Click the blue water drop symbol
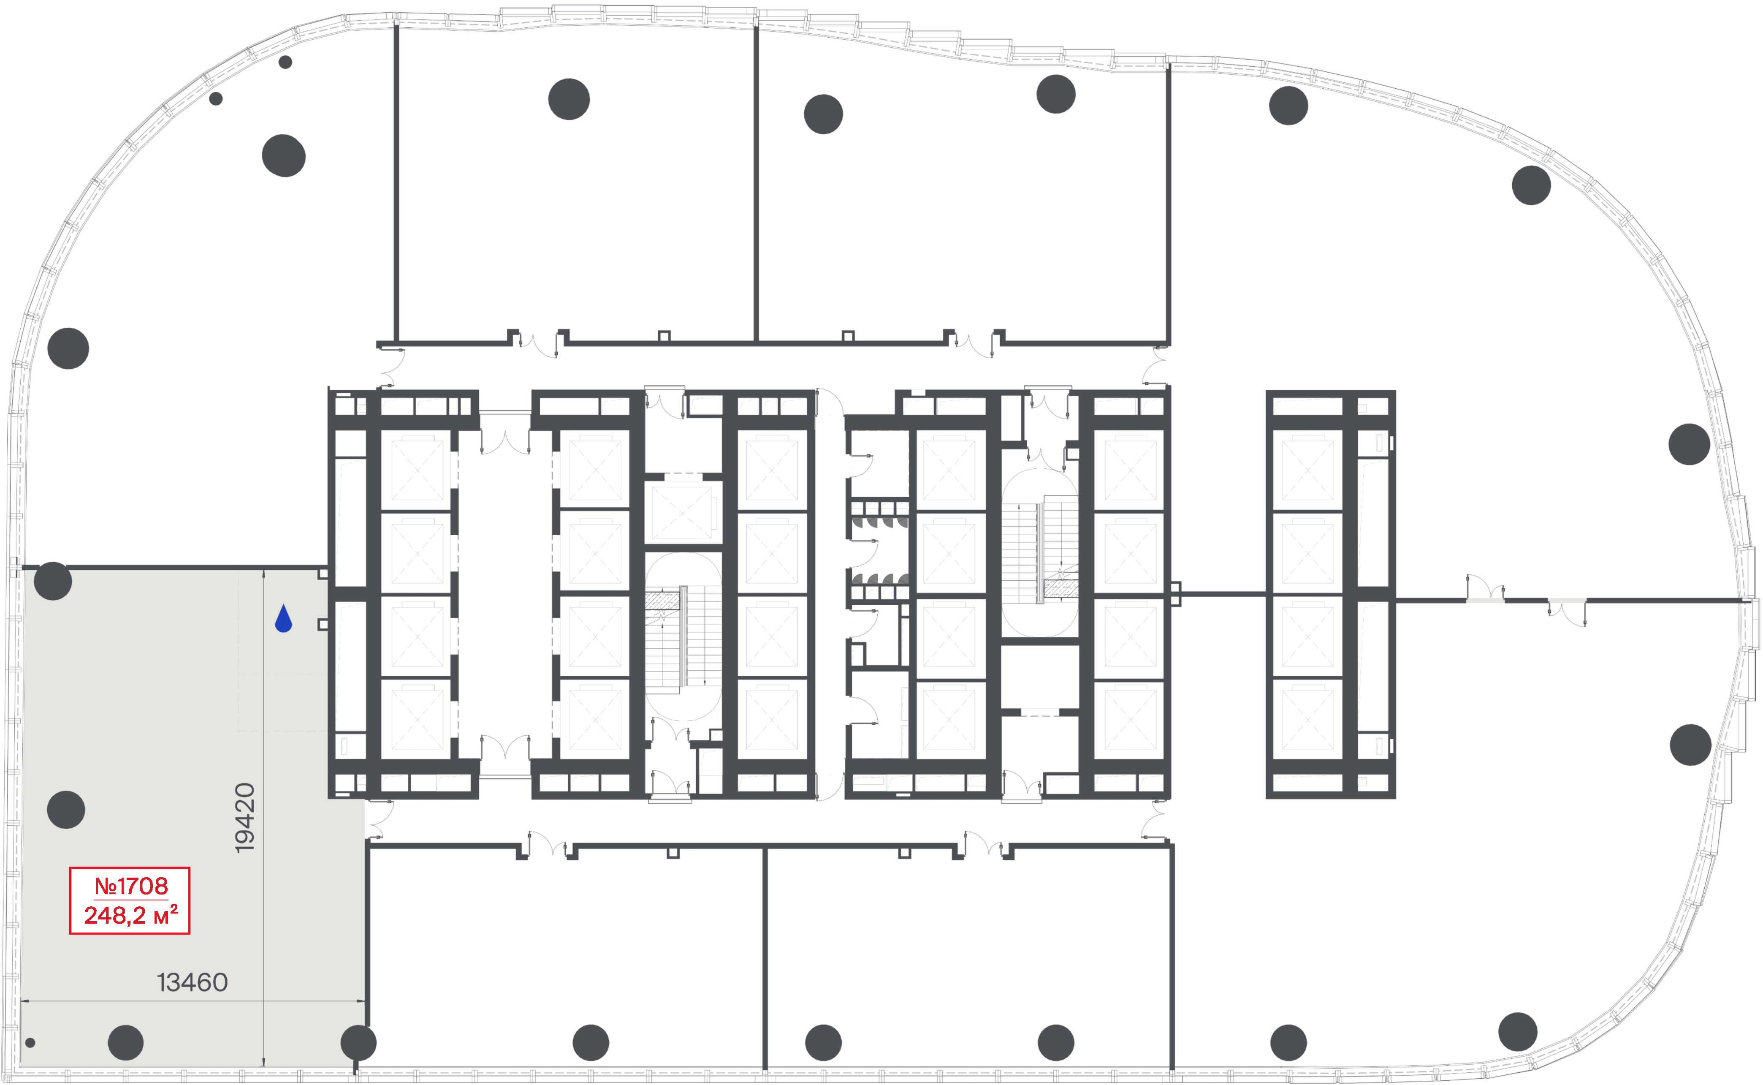coord(283,619)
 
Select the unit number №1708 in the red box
coord(131,886)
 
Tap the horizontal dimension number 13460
coord(192,982)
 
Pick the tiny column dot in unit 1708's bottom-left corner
coord(30,1043)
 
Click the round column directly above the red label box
coord(66,810)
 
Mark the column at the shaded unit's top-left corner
coord(53,581)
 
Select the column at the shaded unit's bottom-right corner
coord(358,1043)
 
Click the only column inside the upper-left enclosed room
coord(569,99)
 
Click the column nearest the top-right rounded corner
coord(1531,185)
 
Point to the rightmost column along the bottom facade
coord(1518,1032)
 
